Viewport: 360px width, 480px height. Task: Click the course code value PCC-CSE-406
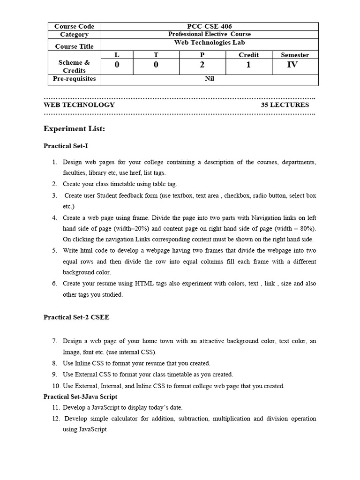210,27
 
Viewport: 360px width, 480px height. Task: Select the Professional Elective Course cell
210,34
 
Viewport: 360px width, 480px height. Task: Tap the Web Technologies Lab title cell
210,42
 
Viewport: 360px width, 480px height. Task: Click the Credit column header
248,55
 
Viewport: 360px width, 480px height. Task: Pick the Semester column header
294,55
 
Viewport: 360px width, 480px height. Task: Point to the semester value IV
292,65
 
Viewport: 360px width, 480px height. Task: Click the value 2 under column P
202,65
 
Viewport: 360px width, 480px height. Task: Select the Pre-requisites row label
75,79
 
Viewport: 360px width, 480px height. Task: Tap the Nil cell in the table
210,79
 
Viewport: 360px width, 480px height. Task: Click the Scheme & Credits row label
74,66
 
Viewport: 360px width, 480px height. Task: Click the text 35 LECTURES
285,105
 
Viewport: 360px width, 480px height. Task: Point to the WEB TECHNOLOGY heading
79,105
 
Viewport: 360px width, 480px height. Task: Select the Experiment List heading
74,129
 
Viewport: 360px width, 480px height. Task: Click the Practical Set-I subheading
66,146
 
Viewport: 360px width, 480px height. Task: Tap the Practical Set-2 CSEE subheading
76,317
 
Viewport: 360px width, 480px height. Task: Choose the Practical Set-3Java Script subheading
80,397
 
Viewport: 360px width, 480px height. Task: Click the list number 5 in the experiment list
55,251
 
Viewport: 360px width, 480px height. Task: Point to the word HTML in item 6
144,284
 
